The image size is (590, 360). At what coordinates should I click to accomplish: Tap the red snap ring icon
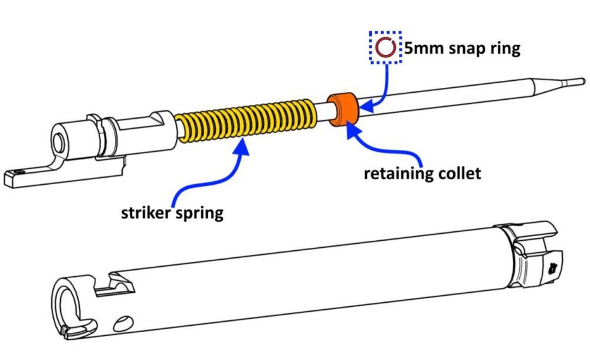coord(385,48)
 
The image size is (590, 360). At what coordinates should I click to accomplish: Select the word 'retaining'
coord(398,173)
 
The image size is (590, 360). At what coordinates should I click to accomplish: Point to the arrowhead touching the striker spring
coord(241,145)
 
